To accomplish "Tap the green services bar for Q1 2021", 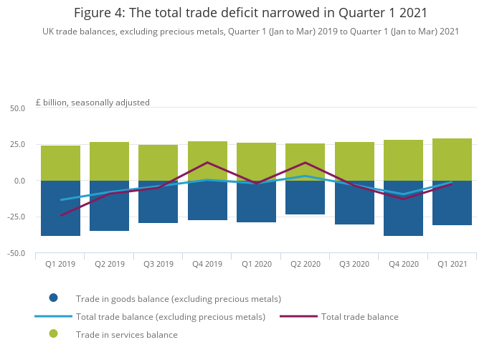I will (x=452, y=159).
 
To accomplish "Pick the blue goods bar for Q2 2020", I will (x=305, y=197).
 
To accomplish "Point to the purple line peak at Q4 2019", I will (x=207, y=163).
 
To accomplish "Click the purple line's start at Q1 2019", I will (x=60, y=215).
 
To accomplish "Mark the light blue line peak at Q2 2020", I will (x=305, y=176).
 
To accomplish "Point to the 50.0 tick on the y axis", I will (x=17, y=108).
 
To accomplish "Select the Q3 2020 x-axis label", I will (x=354, y=264).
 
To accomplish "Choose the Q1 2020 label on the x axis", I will (x=256, y=264).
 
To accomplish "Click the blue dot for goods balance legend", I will (x=53, y=298).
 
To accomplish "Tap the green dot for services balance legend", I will (x=53, y=334).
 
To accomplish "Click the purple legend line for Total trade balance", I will (x=298, y=316).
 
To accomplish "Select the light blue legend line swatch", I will (x=53, y=316).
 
